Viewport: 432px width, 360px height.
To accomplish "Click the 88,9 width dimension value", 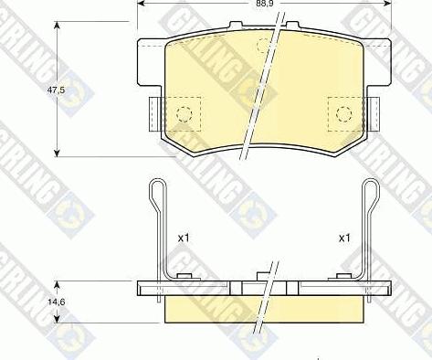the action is [x=264, y=5].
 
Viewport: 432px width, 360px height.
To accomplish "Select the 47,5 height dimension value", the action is [x=56, y=90].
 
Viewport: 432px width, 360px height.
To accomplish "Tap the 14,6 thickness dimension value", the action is [x=57, y=302].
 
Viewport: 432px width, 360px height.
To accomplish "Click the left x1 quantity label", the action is [x=184, y=238].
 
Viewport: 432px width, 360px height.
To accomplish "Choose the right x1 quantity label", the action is [x=344, y=238].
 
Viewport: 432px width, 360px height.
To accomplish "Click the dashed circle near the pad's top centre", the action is [x=264, y=46].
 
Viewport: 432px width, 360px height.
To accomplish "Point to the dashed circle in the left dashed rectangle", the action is [x=184, y=114].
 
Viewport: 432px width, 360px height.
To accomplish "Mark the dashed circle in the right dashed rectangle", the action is [x=344, y=114].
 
